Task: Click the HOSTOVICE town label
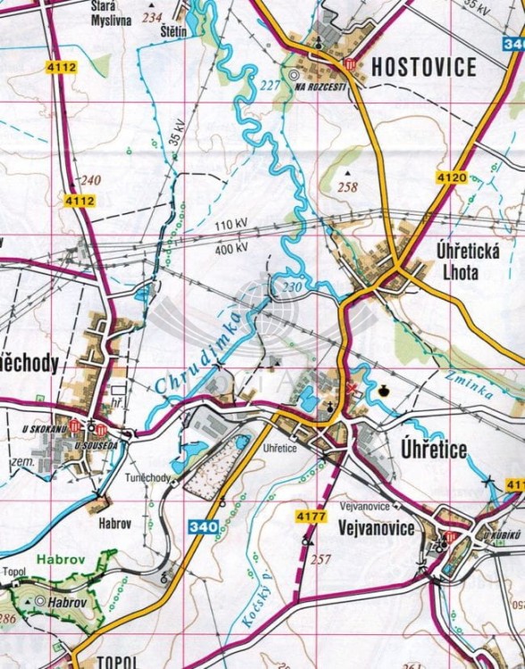(424, 66)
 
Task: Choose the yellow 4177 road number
(312, 516)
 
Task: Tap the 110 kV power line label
(230, 224)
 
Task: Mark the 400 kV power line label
(230, 249)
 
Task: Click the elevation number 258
(347, 187)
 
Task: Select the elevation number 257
(321, 557)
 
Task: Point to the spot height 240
(91, 180)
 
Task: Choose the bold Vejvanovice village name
(378, 529)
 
